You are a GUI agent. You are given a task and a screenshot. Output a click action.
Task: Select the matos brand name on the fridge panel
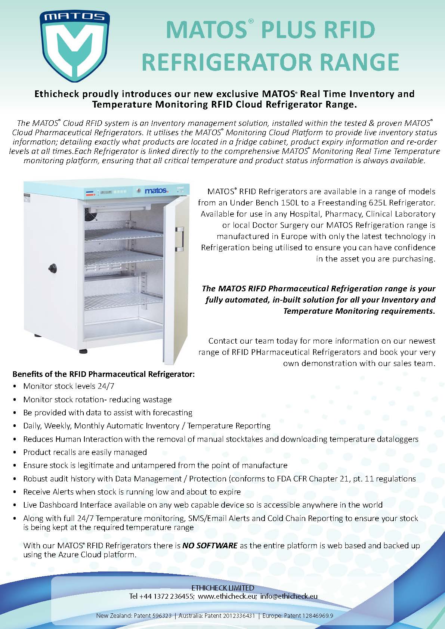pyautogui.click(x=156, y=191)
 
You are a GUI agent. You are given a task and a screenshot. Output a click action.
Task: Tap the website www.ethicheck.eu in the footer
pyautogui.click(x=227, y=596)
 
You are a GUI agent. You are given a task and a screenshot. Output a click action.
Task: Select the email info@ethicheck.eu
pyautogui.click(x=289, y=596)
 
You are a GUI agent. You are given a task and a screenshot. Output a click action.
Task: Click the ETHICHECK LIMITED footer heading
pyautogui.click(x=223, y=588)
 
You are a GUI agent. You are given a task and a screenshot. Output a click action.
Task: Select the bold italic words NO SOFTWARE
pyautogui.click(x=210, y=545)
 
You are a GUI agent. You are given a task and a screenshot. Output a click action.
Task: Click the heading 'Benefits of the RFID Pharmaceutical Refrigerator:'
pyautogui.click(x=103, y=374)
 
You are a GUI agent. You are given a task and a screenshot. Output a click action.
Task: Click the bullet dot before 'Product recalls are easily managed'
pyautogui.click(x=15, y=452)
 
